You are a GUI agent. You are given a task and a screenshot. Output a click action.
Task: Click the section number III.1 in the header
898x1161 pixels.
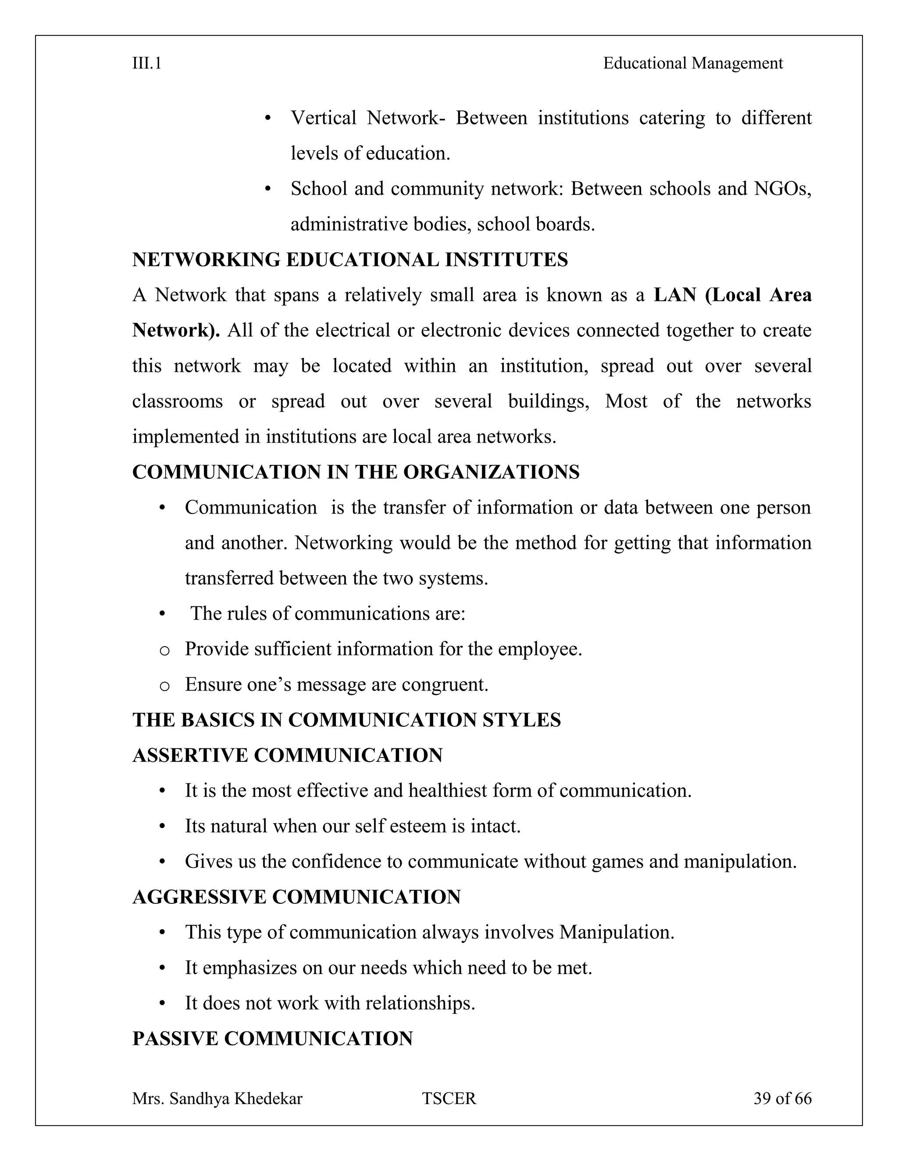(147, 64)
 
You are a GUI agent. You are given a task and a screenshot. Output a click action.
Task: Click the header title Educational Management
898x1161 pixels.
(693, 64)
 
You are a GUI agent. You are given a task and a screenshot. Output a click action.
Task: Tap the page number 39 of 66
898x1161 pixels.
(782, 1098)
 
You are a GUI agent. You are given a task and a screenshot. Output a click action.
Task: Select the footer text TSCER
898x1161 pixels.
(449, 1098)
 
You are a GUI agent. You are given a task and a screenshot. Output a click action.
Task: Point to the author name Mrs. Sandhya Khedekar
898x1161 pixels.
(217, 1098)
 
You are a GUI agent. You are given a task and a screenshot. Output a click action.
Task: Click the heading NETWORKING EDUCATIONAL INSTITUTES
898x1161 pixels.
(350, 260)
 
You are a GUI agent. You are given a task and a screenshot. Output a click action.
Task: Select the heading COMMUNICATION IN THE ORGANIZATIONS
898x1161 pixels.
(355, 472)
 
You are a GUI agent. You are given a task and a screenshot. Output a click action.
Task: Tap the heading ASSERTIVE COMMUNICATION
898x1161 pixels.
(287, 755)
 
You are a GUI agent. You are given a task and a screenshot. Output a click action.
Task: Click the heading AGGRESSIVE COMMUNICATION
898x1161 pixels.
(296, 897)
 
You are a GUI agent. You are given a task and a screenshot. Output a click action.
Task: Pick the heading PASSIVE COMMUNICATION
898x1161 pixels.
(272, 1038)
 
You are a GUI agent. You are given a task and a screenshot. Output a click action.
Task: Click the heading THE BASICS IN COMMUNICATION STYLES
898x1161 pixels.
(346, 720)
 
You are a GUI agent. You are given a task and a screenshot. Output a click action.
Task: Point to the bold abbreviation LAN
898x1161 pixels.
(674, 295)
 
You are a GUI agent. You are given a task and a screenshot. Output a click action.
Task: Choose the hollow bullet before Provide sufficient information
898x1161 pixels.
(164, 650)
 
